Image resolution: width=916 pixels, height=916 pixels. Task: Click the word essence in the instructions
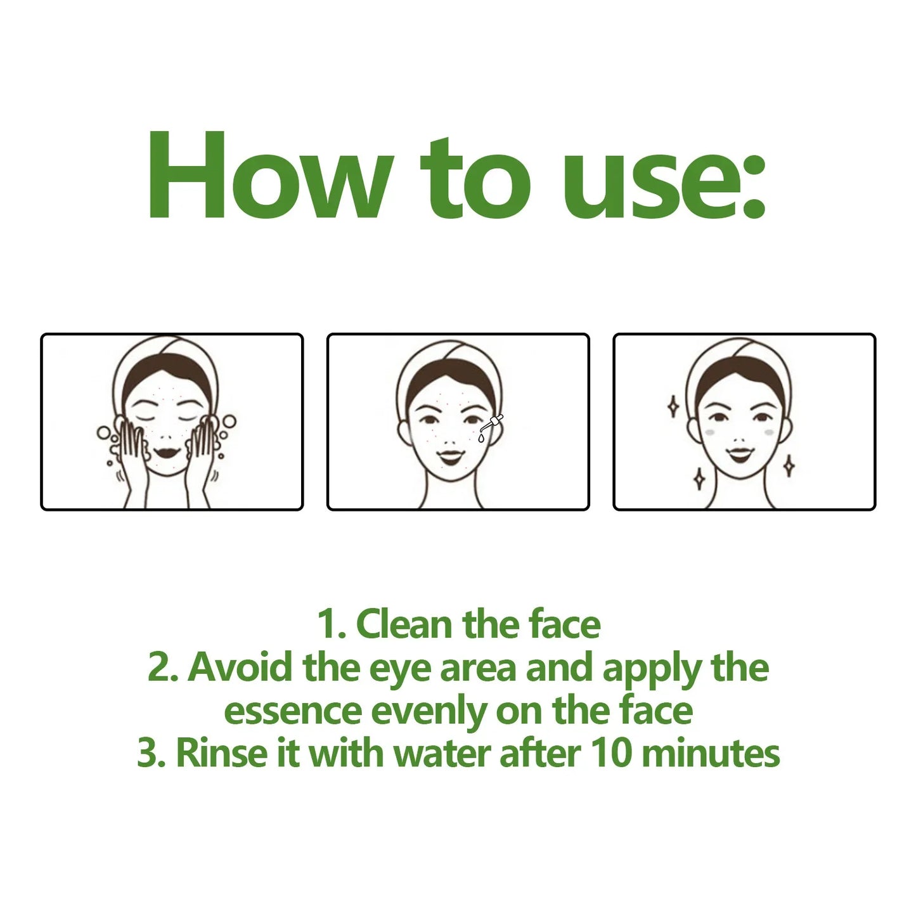click(292, 711)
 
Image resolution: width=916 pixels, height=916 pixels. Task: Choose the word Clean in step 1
click(406, 624)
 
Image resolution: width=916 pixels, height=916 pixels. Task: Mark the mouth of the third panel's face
click(739, 453)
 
